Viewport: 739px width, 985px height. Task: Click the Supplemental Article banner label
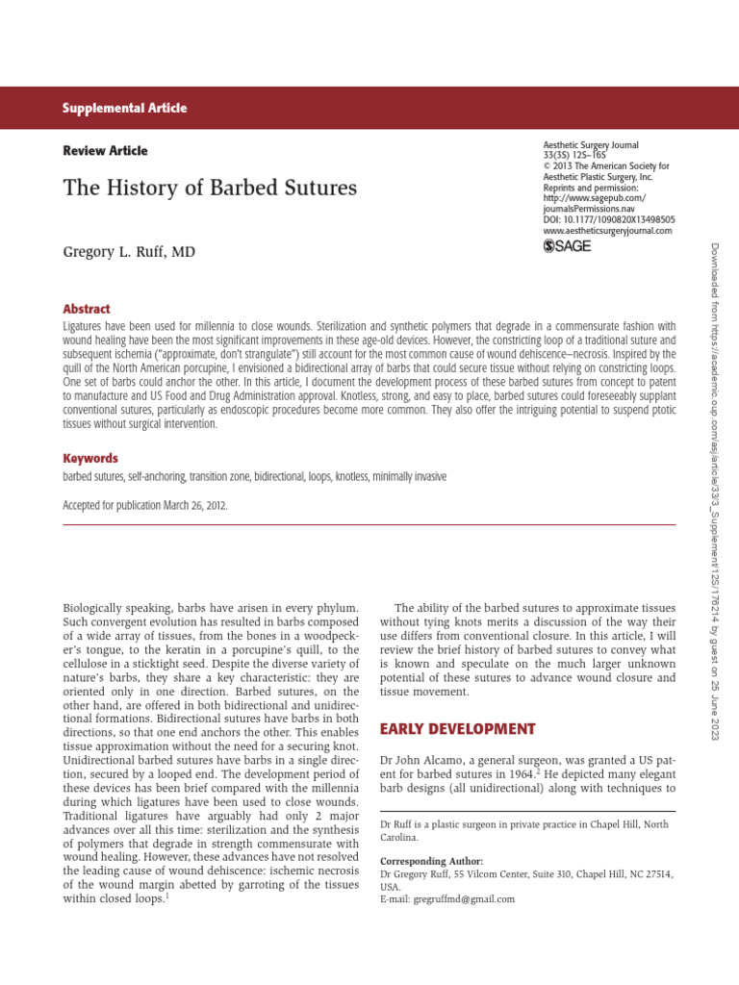pyautogui.click(x=125, y=109)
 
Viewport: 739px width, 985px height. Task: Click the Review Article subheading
pyautogui.click(x=105, y=151)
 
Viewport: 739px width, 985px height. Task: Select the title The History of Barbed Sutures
pyautogui.click(x=210, y=188)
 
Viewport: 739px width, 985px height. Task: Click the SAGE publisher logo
pyautogui.click(x=568, y=246)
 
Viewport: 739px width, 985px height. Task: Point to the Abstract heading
pyautogui.click(x=87, y=310)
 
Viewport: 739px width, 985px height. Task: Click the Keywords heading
pyautogui.click(x=90, y=459)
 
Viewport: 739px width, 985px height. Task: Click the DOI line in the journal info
pyautogui.click(x=608, y=220)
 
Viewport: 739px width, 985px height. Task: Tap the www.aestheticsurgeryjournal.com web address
pyautogui.click(x=607, y=231)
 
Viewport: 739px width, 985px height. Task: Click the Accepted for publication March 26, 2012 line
pyautogui.click(x=145, y=505)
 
